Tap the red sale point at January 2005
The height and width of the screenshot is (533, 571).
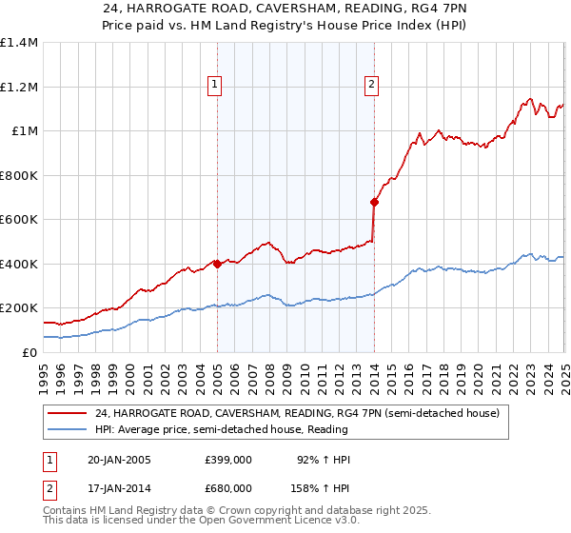pos(217,264)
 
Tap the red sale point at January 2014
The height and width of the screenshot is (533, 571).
pos(374,202)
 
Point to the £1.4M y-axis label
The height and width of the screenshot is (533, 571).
pos(19,43)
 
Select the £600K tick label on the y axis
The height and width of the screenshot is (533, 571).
pos(19,220)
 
